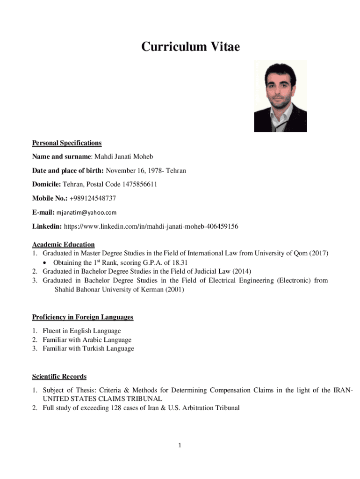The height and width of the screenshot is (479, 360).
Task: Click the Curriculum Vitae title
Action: coord(190,47)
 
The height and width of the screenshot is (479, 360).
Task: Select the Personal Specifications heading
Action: coord(67,143)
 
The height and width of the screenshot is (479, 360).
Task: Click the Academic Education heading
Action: coord(63,244)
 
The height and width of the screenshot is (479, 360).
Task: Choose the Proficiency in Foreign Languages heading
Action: coord(83,317)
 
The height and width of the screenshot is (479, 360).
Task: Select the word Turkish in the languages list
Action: coord(87,348)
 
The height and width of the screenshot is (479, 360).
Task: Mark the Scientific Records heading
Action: coord(59,377)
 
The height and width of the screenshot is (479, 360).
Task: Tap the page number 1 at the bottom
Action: coord(180,446)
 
